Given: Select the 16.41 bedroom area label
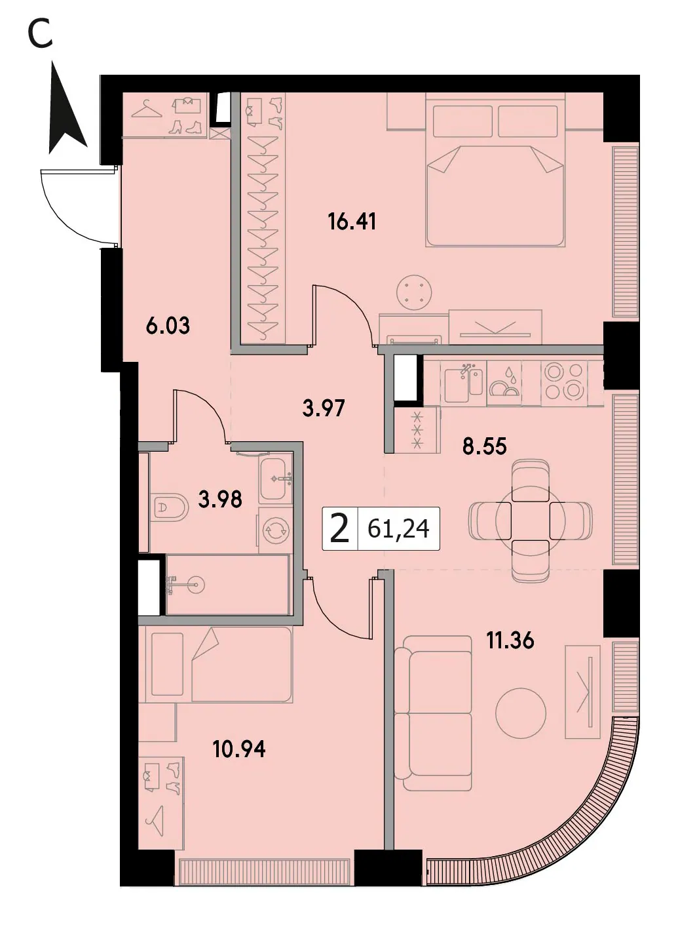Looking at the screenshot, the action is (352, 222).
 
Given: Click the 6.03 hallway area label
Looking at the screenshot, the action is (168, 325).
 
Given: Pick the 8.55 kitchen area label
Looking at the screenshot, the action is (485, 446).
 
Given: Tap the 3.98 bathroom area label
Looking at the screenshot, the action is (220, 500).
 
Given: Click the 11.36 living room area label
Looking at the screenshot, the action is (510, 640).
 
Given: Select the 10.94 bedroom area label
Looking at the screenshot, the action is (239, 749).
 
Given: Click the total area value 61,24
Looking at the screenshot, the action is (399, 528).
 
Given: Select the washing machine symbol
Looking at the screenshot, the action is (274, 530).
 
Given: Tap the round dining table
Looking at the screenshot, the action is (530, 521).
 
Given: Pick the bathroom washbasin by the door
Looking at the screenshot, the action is (276, 479).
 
